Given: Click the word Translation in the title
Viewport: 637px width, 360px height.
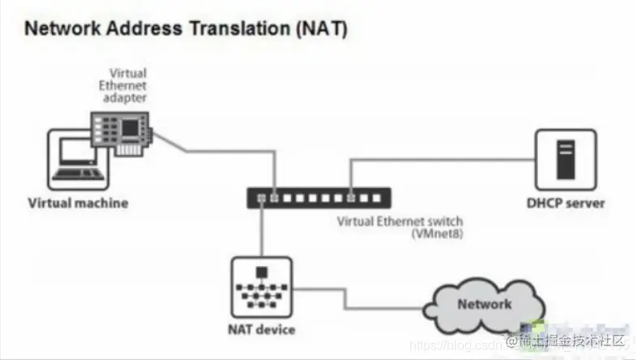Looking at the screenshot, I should (236, 31).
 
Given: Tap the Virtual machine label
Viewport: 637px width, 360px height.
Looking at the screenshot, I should (78, 203).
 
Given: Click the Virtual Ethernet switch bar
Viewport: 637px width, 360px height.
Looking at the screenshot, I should (319, 197).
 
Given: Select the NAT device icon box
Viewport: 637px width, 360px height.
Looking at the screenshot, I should (260, 288).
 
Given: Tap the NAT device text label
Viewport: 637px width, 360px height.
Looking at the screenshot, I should (260, 330).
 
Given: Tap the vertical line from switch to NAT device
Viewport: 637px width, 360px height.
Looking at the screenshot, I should (260, 231).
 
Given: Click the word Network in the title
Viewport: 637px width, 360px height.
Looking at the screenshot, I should (60, 31).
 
